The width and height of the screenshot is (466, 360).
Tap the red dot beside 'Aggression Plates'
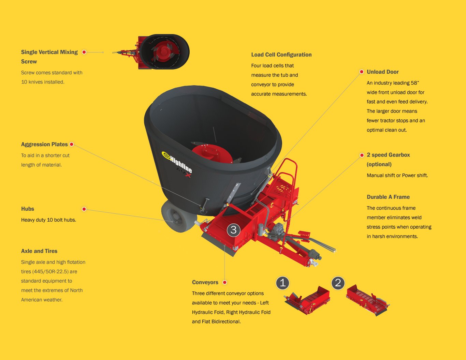(72, 144)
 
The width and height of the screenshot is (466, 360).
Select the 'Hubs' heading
(28, 209)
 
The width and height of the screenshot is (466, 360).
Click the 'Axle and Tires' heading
(39, 251)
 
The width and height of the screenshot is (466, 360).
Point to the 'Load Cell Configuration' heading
(281, 55)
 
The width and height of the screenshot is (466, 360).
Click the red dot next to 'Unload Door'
(361, 72)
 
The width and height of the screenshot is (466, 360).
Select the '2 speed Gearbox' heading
(388, 155)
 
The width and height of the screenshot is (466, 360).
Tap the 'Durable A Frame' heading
(388, 197)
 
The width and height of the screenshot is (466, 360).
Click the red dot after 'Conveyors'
(224, 282)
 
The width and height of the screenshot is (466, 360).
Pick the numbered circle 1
(282, 283)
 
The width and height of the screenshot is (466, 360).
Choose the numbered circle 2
(338, 283)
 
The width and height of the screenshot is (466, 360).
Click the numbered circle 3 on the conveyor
(234, 230)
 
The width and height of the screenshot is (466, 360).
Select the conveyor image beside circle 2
(367, 300)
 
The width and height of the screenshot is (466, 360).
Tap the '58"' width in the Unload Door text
(413, 83)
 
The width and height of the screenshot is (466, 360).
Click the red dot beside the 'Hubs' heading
(84, 209)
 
